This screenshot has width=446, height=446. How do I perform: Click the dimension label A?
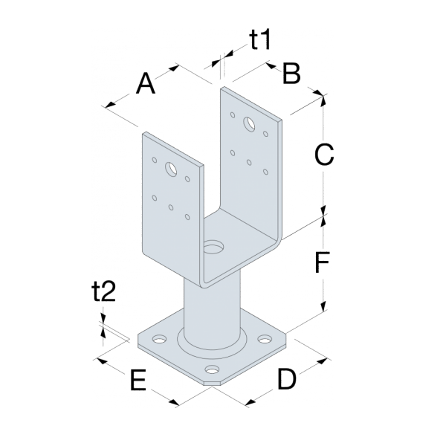tap(146, 84)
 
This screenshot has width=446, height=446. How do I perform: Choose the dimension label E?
tap(138, 381)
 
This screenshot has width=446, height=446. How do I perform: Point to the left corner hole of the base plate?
tap(158, 340)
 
